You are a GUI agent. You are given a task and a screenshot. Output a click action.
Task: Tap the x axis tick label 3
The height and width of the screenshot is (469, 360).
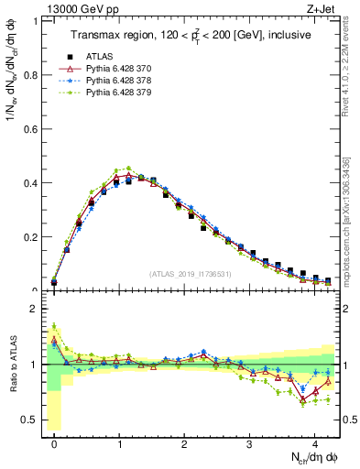[x=250, y=442]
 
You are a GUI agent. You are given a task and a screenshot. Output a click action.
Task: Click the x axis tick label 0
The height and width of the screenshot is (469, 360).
[x=54, y=442]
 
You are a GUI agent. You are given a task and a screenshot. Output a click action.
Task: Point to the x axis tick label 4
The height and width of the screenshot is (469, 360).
[x=315, y=442]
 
